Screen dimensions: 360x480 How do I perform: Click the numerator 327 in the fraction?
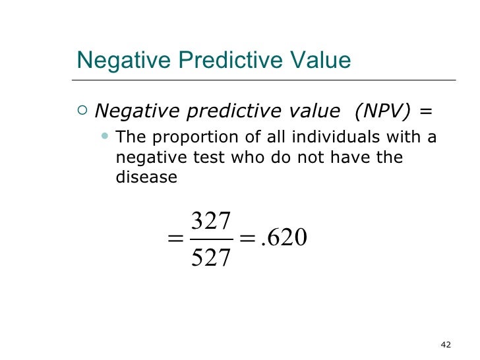pos(210,222)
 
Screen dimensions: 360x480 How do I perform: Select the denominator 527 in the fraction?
pos(210,257)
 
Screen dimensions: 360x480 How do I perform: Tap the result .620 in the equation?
pos(284,238)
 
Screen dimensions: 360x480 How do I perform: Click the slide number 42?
pos(445,344)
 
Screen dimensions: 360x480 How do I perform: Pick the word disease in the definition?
pos(146,177)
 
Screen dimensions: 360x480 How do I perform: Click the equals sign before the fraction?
pos(176,239)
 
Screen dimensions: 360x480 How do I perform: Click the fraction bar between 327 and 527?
pos(210,239)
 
